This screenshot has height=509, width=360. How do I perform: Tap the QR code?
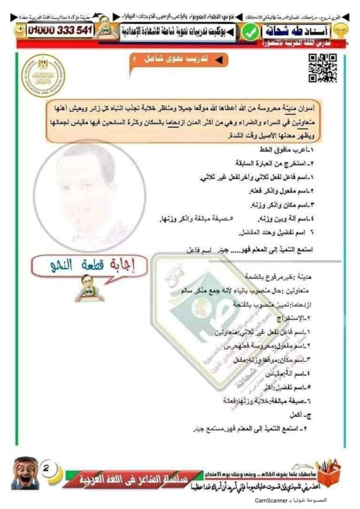click(x=323, y=68)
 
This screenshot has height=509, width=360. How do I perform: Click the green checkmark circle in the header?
click(x=250, y=33)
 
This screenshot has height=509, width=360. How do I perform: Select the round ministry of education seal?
click(x=43, y=76)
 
